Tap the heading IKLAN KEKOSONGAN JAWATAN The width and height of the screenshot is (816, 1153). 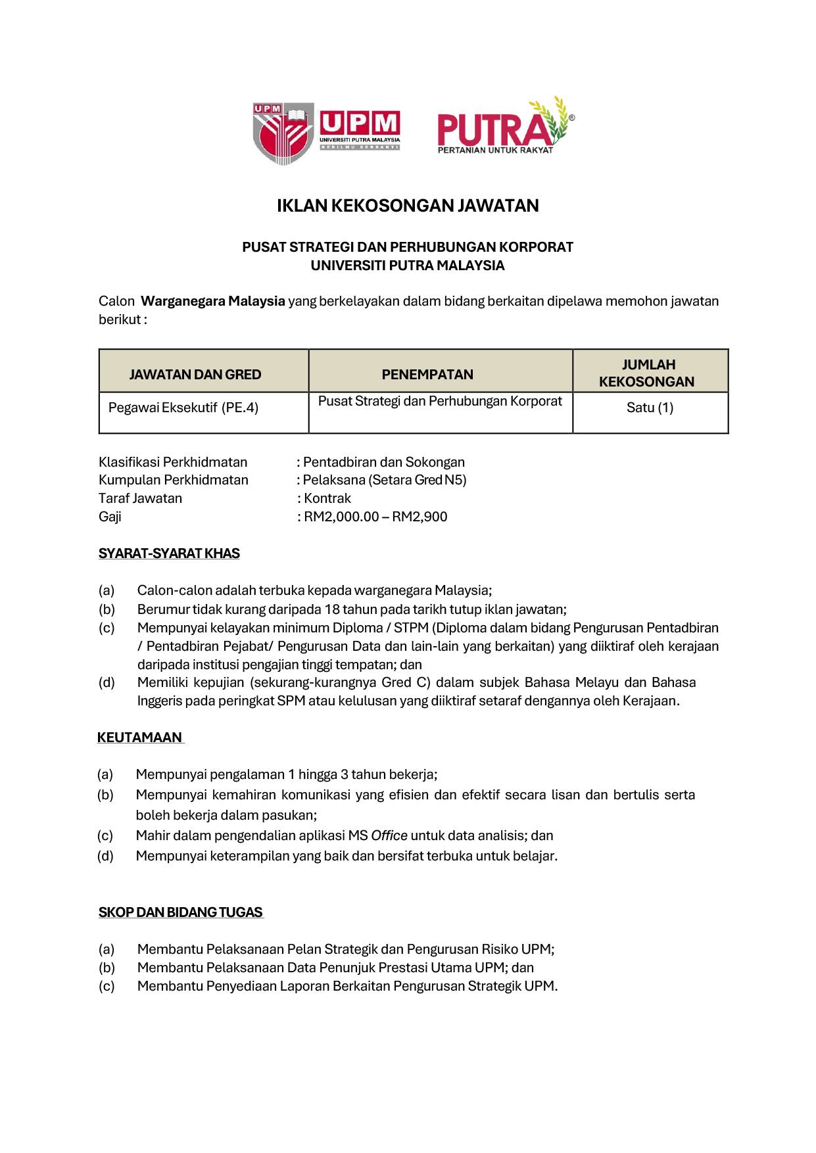(x=408, y=206)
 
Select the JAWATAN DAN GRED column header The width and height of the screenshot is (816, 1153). (x=195, y=375)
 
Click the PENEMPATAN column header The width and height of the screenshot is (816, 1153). (x=427, y=375)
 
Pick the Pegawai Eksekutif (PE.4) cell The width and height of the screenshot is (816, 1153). (x=183, y=408)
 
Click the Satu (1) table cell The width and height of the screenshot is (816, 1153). (x=650, y=408)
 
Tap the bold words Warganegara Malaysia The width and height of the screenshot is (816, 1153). (x=213, y=301)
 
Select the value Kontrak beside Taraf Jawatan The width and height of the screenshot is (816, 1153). (x=327, y=498)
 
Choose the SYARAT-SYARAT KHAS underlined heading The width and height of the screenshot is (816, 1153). (x=169, y=553)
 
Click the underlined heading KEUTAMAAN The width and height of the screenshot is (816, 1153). (x=139, y=738)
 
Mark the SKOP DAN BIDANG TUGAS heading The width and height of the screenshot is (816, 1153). (x=180, y=912)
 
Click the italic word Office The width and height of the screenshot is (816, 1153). (x=389, y=835)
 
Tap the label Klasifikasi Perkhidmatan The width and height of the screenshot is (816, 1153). (x=173, y=462)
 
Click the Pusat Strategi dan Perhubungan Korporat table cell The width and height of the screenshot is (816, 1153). (x=440, y=401)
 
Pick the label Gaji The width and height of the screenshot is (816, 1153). (x=110, y=517)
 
